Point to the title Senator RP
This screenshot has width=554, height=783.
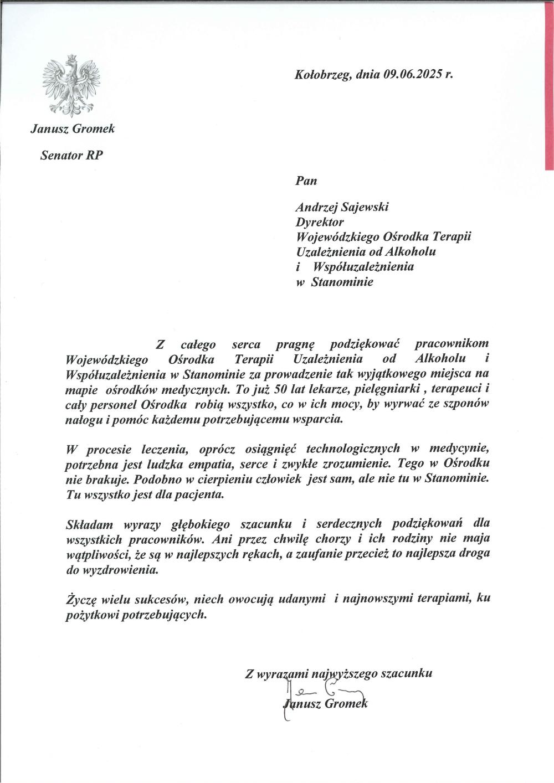click(71, 156)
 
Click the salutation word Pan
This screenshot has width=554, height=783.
click(306, 180)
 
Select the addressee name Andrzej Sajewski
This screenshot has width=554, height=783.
click(342, 207)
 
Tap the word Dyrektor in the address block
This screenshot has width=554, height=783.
click(320, 222)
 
